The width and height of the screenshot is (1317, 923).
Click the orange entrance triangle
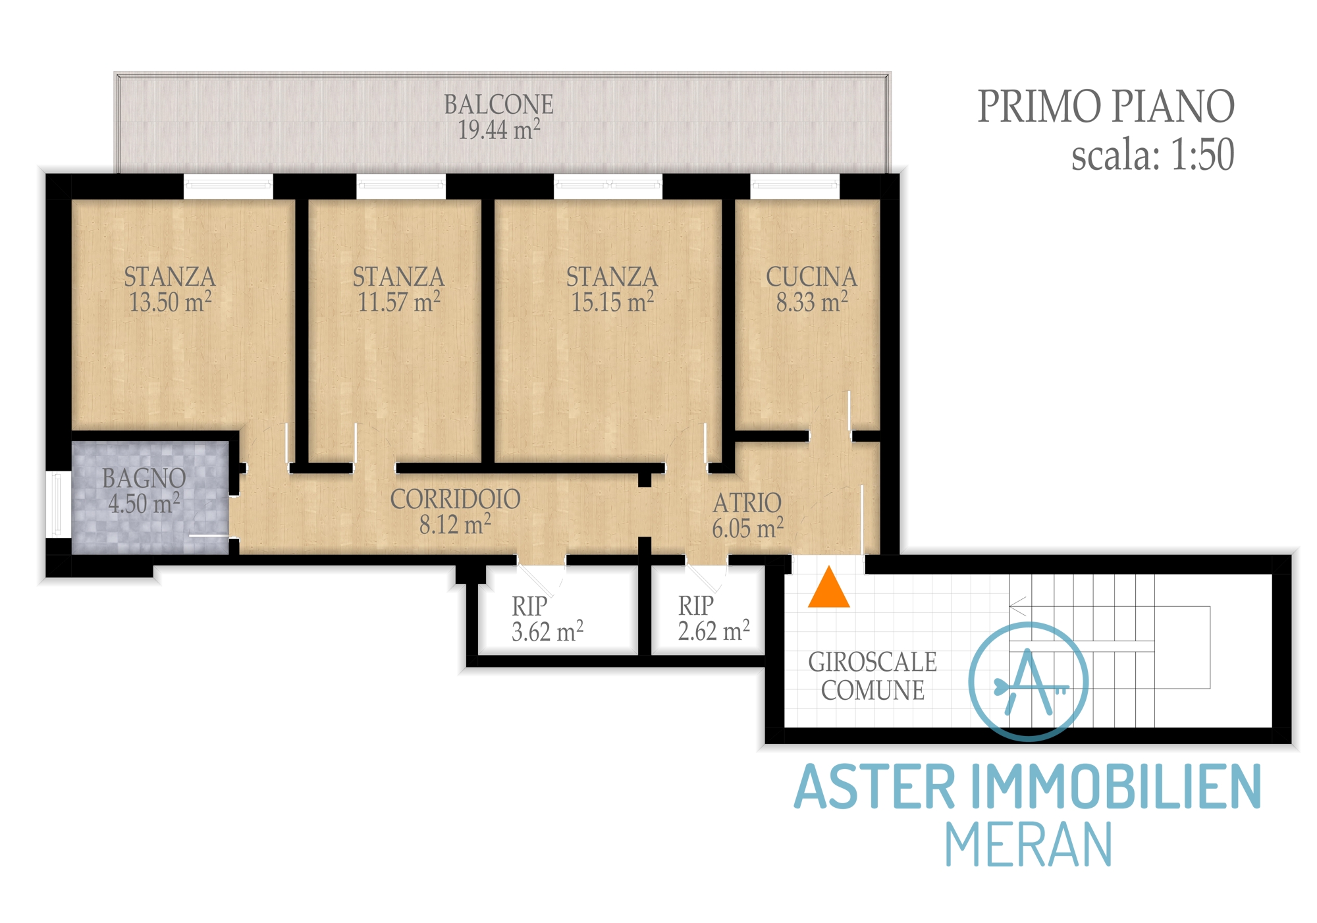pyautogui.click(x=828, y=587)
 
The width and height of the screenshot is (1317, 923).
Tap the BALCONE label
pyautogui.click(x=498, y=105)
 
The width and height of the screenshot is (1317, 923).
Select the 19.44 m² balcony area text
pyautogui.click(x=499, y=130)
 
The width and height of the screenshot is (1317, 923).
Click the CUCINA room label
pyautogui.click(x=811, y=277)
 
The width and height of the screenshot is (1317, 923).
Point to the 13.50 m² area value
pyautogui.click(x=170, y=302)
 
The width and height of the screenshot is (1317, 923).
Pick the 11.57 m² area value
pyautogui.click(x=398, y=302)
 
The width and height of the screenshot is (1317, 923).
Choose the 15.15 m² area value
pyautogui.click(x=612, y=302)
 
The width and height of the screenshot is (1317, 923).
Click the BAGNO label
pyautogui.click(x=144, y=479)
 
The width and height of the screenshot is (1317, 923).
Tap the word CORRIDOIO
pyautogui.click(x=455, y=500)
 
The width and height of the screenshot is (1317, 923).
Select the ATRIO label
pyautogui.click(x=747, y=504)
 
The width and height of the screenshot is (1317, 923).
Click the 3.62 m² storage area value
pyautogui.click(x=547, y=632)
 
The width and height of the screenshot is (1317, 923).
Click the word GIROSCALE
pyautogui.click(x=872, y=662)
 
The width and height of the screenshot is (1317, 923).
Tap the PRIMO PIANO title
pyautogui.click(x=1106, y=107)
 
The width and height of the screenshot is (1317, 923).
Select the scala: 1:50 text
pyautogui.click(x=1152, y=155)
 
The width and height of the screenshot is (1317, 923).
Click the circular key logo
pyautogui.click(x=1028, y=681)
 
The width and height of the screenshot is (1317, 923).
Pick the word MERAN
pyautogui.click(x=1029, y=845)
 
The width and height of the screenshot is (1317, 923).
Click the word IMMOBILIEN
pyautogui.click(x=1116, y=787)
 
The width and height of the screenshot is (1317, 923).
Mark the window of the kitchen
pyautogui.click(x=795, y=186)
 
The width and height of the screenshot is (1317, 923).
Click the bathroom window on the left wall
pyautogui.click(x=58, y=504)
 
